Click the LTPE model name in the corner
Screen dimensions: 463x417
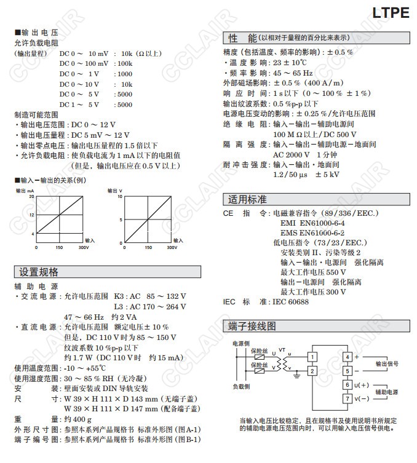(391, 12)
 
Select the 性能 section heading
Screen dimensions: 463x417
(242, 38)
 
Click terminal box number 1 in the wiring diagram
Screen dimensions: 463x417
(313, 357)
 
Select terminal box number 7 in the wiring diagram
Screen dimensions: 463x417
(347, 399)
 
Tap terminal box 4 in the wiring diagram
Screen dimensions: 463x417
(347, 357)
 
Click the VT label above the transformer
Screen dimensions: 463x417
(282, 349)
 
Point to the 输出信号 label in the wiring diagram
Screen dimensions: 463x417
(386, 363)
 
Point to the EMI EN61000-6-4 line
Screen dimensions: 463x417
(312, 223)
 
